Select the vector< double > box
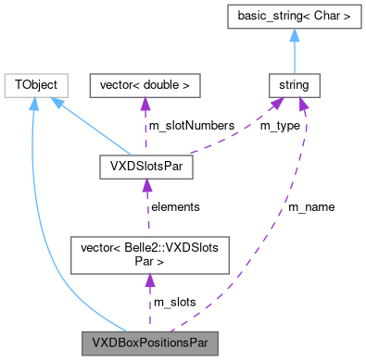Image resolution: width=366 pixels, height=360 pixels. tap(144, 85)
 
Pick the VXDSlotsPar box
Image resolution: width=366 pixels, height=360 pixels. tap(145, 168)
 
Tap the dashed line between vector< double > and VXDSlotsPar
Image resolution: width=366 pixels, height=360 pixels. tap(145, 130)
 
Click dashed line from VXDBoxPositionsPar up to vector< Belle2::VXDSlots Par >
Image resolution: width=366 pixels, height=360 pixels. tap(147, 301)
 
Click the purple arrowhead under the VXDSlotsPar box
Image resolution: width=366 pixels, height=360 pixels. tap(145, 187)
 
